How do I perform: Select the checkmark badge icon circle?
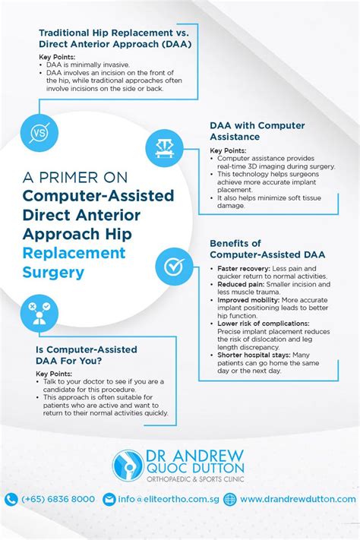(x=173, y=267)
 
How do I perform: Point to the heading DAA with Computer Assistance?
(x=257, y=131)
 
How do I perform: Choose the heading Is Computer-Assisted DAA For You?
(x=87, y=355)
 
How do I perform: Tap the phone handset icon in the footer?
(x=11, y=499)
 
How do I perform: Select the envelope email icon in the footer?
(x=109, y=499)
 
